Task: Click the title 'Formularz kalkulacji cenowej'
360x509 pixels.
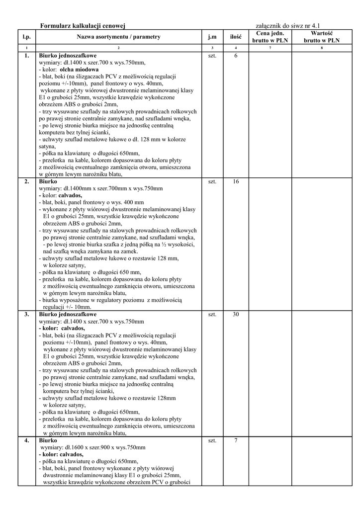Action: coord(82,25)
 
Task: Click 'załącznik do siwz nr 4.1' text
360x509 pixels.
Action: coord(287,25)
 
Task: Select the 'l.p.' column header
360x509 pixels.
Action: coord(26,36)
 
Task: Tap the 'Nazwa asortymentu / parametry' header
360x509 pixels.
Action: coord(118,36)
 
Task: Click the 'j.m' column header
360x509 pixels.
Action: coord(212,36)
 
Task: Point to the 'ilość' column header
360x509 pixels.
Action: coord(236,36)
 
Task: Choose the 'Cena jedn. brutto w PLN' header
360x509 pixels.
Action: coord(270,36)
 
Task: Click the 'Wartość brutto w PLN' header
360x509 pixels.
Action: coord(322,36)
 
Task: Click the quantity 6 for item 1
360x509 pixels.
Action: coord(236,56)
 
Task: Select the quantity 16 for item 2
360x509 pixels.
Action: coord(236,181)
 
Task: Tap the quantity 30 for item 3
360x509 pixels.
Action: coord(236,315)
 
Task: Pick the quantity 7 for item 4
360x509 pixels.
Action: coord(236,440)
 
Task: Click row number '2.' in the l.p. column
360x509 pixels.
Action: coord(26,181)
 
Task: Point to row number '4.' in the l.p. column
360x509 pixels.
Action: coord(26,440)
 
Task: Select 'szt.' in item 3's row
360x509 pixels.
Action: coord(212,315)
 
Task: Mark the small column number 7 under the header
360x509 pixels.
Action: coord(270,48)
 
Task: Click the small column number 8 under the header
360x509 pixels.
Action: coord(322,48)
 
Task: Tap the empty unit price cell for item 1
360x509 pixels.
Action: coord(270,114)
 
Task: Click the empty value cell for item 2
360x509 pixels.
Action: coord(322,244)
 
